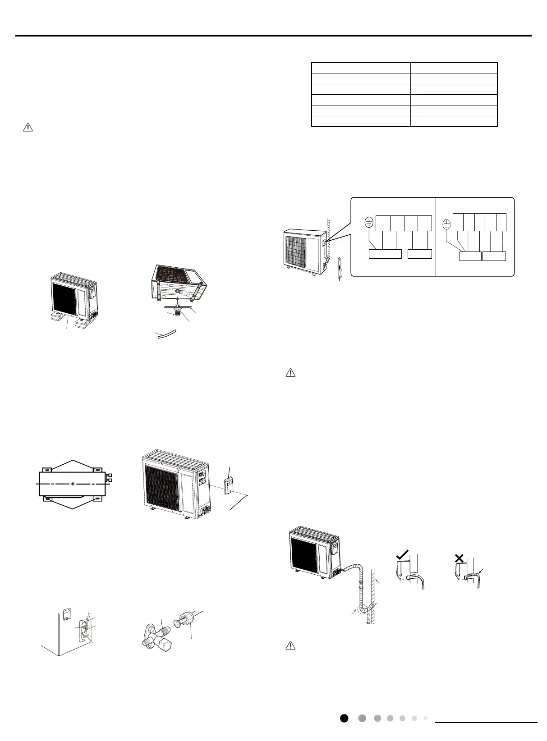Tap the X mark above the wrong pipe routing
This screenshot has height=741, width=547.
coord(460,558)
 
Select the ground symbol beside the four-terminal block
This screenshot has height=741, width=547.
coord(369,222)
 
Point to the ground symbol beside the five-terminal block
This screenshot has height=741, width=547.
coord(447,223)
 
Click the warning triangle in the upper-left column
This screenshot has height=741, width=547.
coord(28,128)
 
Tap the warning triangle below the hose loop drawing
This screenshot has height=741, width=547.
coord(291,645)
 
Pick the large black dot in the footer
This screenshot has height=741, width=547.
coord(344,718)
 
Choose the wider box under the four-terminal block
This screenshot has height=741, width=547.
coord(385,254)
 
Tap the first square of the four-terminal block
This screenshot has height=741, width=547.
coord(383,223)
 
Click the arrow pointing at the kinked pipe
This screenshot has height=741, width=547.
coord(481,572)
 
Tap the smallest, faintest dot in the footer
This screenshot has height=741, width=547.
coord(425,718)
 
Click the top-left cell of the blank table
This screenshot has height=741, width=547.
coord(361,68)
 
